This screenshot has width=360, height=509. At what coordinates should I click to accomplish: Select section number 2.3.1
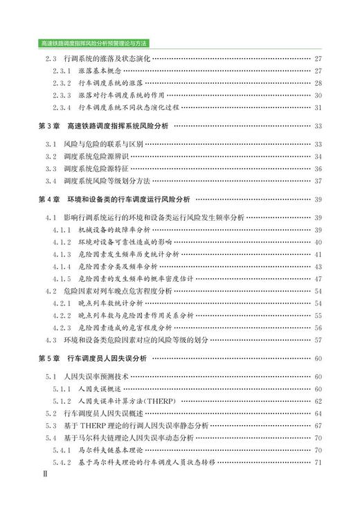pyautogui.click(x=62, y=71)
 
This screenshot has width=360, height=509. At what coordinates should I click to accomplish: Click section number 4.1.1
pyautogui.click(x=62, y=229)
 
